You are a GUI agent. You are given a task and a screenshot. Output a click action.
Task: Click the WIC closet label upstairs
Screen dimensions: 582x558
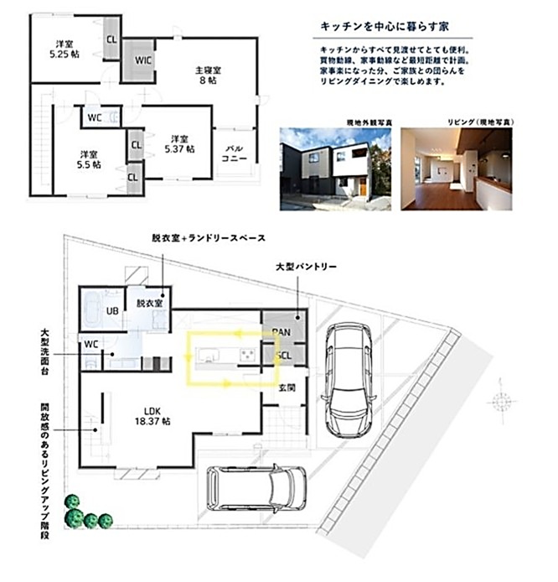click(x=142, y=60)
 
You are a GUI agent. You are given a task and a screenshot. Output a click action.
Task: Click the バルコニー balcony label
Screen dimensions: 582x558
click(x=232, y=157)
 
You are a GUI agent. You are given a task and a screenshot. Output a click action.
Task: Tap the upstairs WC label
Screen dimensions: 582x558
click(x=95, y=117)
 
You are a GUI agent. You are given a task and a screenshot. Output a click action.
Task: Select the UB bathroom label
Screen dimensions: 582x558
click(x=111, y=312)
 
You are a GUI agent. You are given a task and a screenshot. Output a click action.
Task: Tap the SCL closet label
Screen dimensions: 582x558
click(x=282, y=356)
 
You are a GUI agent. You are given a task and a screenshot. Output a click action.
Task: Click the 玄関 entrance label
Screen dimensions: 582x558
click(x=287, y=387)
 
